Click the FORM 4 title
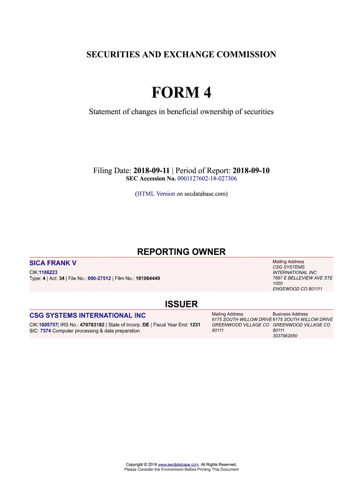(x=181, y=93)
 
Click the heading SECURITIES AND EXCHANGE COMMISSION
(x=181, y=55)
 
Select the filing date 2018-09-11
(x=151, y=170)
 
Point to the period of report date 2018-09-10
(x=251, y=170)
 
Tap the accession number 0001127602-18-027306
(x=207, y=179)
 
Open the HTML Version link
(x=156, y=194)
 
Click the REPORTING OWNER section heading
(x=181, y=252)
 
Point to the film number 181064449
(x=148, y=278)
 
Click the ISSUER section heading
(x=181, y=305)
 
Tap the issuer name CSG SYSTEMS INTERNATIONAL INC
(x=87, y=316)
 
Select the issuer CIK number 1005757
(x=48, y=324)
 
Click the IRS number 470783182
(x=92, y=324)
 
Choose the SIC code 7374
(x=45, y=331)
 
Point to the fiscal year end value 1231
(x=195, y=324)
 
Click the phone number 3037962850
(x=285, y=336)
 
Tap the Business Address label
(x=290, y=314)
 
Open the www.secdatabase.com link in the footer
(x=179, y=464)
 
